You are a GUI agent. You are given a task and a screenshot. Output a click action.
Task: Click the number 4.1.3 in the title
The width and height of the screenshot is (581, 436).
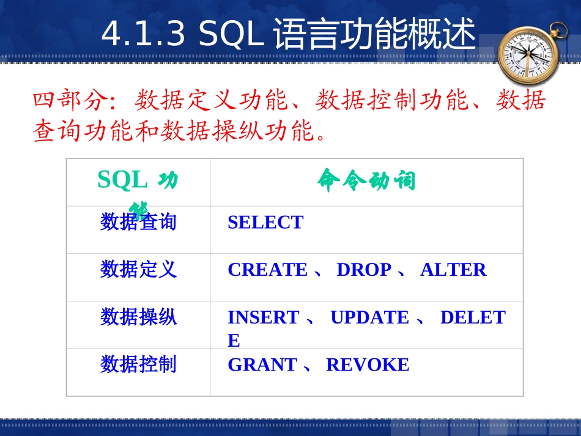(143, 34)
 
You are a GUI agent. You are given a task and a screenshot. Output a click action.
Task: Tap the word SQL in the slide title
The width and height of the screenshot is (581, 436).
(231, 34)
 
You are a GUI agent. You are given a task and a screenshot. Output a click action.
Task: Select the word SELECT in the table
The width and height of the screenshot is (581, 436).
(265, 222)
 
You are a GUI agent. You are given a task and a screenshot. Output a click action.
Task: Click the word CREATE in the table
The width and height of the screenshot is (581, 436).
(267, 270)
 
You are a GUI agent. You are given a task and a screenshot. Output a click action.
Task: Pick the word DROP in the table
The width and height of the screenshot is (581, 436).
(364, 270)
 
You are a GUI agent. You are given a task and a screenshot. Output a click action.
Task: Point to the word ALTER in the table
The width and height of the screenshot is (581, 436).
(453, 270)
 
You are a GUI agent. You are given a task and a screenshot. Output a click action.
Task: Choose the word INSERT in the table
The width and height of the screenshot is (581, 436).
(263, 317)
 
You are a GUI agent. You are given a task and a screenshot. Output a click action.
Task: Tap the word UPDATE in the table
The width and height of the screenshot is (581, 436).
(369, 317)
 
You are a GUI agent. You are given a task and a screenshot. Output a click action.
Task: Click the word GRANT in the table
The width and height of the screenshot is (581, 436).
(262, 364)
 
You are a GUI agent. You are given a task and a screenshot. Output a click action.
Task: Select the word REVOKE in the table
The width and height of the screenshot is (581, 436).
(368, 364)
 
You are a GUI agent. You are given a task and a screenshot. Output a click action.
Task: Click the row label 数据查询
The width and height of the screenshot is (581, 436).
(138, 222)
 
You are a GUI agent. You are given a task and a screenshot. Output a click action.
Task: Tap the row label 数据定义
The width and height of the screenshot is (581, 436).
(138, 269)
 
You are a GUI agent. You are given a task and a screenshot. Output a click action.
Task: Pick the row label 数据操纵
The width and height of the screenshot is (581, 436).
(138, 317)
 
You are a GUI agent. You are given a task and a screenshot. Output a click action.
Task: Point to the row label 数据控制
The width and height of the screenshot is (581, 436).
(138, 364)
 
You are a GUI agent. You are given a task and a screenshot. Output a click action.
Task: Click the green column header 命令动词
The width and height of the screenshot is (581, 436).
(366, 180)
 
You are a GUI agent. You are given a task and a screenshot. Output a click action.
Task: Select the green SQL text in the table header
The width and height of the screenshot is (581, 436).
(122, 180)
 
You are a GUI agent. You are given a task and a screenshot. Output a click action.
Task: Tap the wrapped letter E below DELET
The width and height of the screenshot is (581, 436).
(234, 341)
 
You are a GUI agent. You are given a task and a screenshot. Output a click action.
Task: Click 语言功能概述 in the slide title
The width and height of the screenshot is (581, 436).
(374, 34)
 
